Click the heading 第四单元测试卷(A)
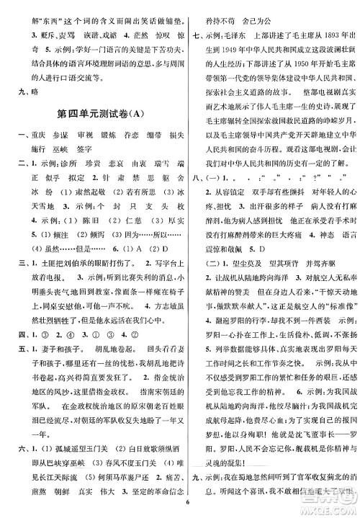pyautogui.click(x=93, y=112)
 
